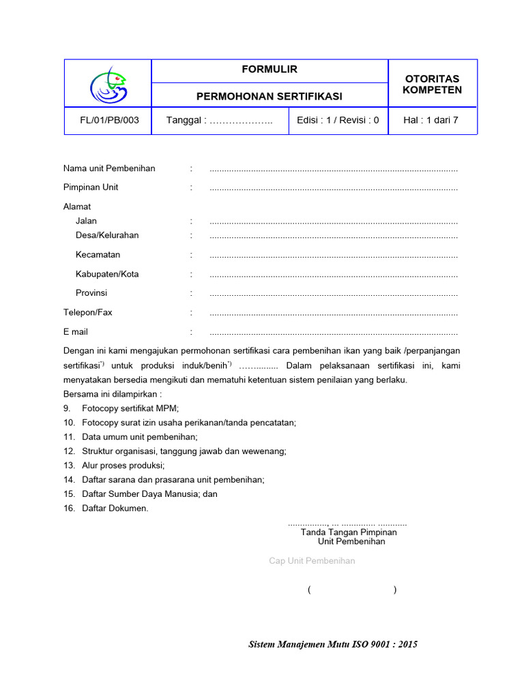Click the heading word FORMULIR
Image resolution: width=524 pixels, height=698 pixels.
click(x=270, y=70)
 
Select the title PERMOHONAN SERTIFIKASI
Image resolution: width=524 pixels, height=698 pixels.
click(x=270, y=96)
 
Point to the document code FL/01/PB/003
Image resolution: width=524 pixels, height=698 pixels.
click(x=109, y=121)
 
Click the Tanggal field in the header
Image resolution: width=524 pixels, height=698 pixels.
click(x=219, y=121)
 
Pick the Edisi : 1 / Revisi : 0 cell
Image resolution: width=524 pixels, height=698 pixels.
click(x=338, y=121)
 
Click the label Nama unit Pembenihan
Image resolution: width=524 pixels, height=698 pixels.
click(x=109, y=168)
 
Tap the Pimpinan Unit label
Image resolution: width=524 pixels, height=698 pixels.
click(x=91, y=187)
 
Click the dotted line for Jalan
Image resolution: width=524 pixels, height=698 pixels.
click(x=334, y=222)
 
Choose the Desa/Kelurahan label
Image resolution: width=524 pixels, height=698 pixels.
click(x=107, y=235)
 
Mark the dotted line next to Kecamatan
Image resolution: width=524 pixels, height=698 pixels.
click(x=334, y=256)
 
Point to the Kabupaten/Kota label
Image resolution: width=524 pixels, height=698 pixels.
click(x=107, y=274)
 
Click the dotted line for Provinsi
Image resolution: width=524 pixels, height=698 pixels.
click(x=334, y=294)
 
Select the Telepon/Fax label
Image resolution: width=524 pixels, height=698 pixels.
click(x=88, y=312)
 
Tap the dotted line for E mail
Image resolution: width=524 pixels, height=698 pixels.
click(x=334, y=333)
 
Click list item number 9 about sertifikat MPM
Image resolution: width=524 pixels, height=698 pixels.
click(x=130, y=408)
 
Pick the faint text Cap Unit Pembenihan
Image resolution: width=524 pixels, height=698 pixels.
click(x=312, y=561)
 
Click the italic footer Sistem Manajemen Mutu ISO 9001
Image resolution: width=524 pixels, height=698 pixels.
click(x=333, y=644)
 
